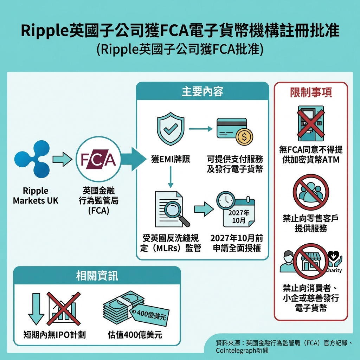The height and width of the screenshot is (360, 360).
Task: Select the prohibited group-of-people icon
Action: coord(311,192)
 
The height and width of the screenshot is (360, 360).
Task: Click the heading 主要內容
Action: coord(202,92)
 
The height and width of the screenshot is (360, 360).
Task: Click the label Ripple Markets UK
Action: coord(36,196)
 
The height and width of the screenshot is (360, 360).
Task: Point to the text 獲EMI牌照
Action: coord(170,159)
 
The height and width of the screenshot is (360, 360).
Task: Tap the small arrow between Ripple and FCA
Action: coord(62,160)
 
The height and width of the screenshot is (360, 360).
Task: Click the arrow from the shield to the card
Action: coord(201,129)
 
